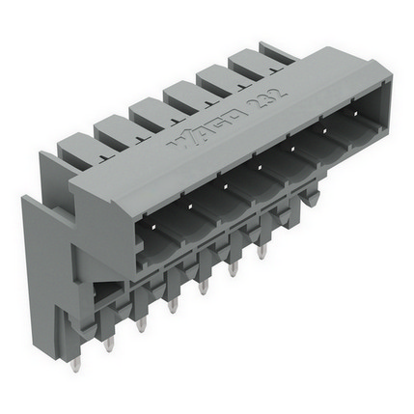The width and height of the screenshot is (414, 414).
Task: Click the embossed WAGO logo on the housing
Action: pyautogui.click(x=208, y=128)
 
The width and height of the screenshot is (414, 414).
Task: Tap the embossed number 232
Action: pyautogui.click(x=266, y=97)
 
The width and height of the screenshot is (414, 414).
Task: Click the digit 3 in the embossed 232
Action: pyautogui.click(x=266, y=97)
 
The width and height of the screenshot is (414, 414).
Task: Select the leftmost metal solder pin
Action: pyautogui.click(x=75, y=364)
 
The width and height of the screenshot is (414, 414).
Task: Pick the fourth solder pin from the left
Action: pyautogui.click(x=173, y=305)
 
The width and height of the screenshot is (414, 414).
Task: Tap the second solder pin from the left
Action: pyautogui.click(x=109, y=345)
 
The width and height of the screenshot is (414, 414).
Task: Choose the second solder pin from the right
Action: pyautogui.click(x=233, y=269)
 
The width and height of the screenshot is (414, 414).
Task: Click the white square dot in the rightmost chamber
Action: pyautogui.click(x=355, y=114)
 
